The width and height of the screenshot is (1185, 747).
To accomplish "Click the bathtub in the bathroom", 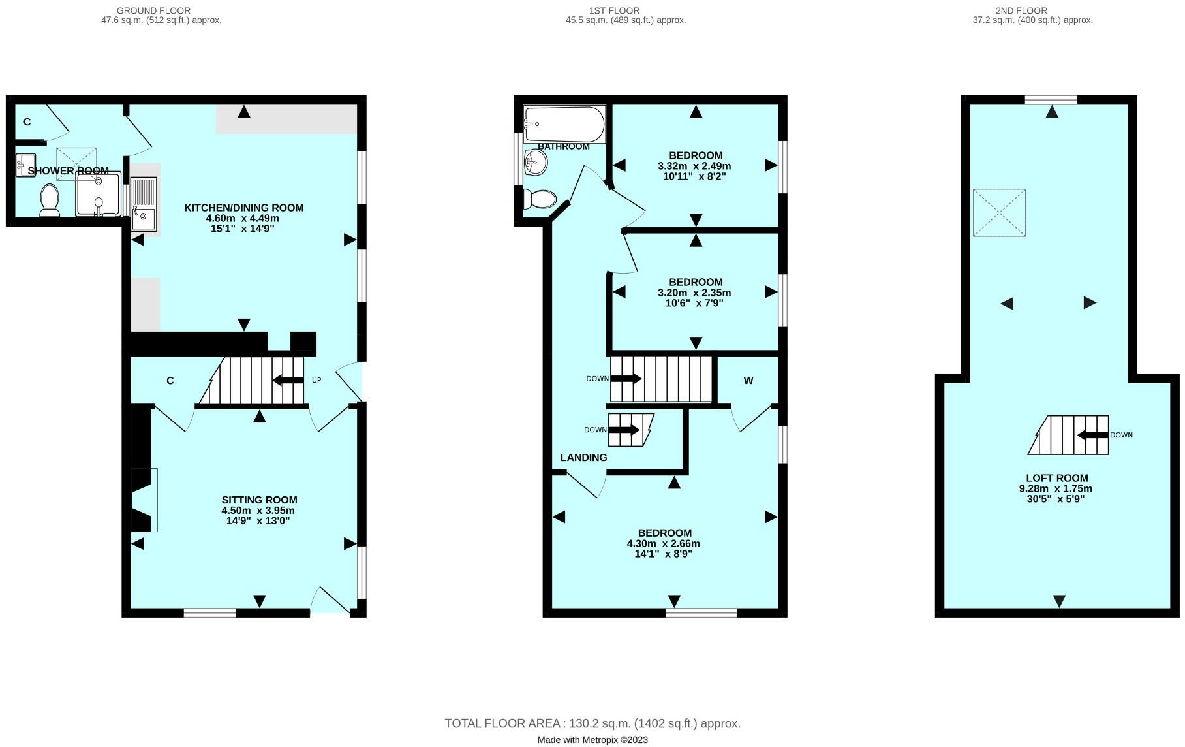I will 564,123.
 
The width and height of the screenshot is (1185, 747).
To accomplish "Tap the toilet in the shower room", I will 50,199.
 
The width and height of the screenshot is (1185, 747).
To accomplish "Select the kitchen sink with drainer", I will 144,204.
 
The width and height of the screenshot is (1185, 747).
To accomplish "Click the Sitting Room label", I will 259,500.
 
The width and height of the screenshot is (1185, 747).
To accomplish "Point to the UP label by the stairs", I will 316,380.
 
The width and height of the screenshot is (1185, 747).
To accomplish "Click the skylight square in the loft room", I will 999,212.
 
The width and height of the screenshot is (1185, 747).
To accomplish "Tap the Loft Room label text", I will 1056,478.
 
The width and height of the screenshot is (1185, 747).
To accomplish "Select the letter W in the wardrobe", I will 748,381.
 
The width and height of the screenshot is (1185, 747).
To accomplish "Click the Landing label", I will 583,458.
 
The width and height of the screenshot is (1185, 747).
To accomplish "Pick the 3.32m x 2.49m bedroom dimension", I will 694,166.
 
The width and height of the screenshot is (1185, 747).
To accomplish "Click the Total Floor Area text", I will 592,723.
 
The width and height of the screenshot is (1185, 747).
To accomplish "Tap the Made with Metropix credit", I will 592,740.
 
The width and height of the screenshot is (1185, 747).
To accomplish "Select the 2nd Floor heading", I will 1021,10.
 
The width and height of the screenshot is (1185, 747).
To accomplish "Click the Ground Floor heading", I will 153,10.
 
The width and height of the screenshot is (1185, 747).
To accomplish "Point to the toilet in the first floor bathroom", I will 540,198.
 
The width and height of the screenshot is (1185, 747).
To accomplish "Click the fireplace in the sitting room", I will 144,500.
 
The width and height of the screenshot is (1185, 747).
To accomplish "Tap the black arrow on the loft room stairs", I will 1092,435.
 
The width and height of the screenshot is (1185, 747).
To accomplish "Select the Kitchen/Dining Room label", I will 243,208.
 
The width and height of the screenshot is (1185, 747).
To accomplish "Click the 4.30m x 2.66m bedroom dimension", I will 663,543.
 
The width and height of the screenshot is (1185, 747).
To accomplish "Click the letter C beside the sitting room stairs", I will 170,381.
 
